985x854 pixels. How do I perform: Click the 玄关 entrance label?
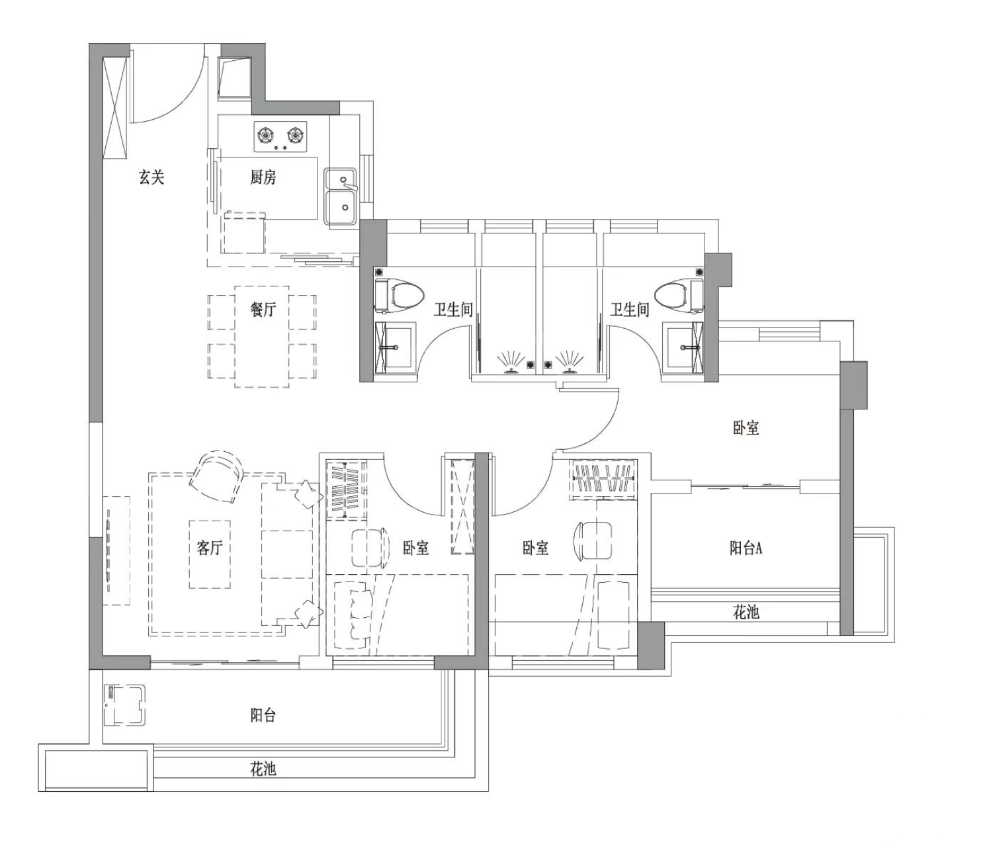[151, 177]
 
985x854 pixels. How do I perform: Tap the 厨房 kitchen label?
[263, 177]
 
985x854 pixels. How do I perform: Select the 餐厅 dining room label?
[263, 310]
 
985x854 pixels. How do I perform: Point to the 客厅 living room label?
[210, 548]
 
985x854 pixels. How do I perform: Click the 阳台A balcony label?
[746, 548]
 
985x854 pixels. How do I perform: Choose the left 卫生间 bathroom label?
[452, 310]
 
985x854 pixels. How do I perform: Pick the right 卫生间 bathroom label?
[630, 310]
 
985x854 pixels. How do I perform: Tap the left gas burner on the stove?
[265, 135]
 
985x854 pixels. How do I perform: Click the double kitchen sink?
[340, 196]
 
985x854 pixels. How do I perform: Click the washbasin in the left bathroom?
[395, 347]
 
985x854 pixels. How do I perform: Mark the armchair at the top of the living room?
[217, 476]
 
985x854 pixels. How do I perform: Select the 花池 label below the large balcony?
[263, 769]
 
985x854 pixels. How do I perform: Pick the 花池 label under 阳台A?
[746, 613]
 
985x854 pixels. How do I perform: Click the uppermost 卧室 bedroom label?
[746, 427]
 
